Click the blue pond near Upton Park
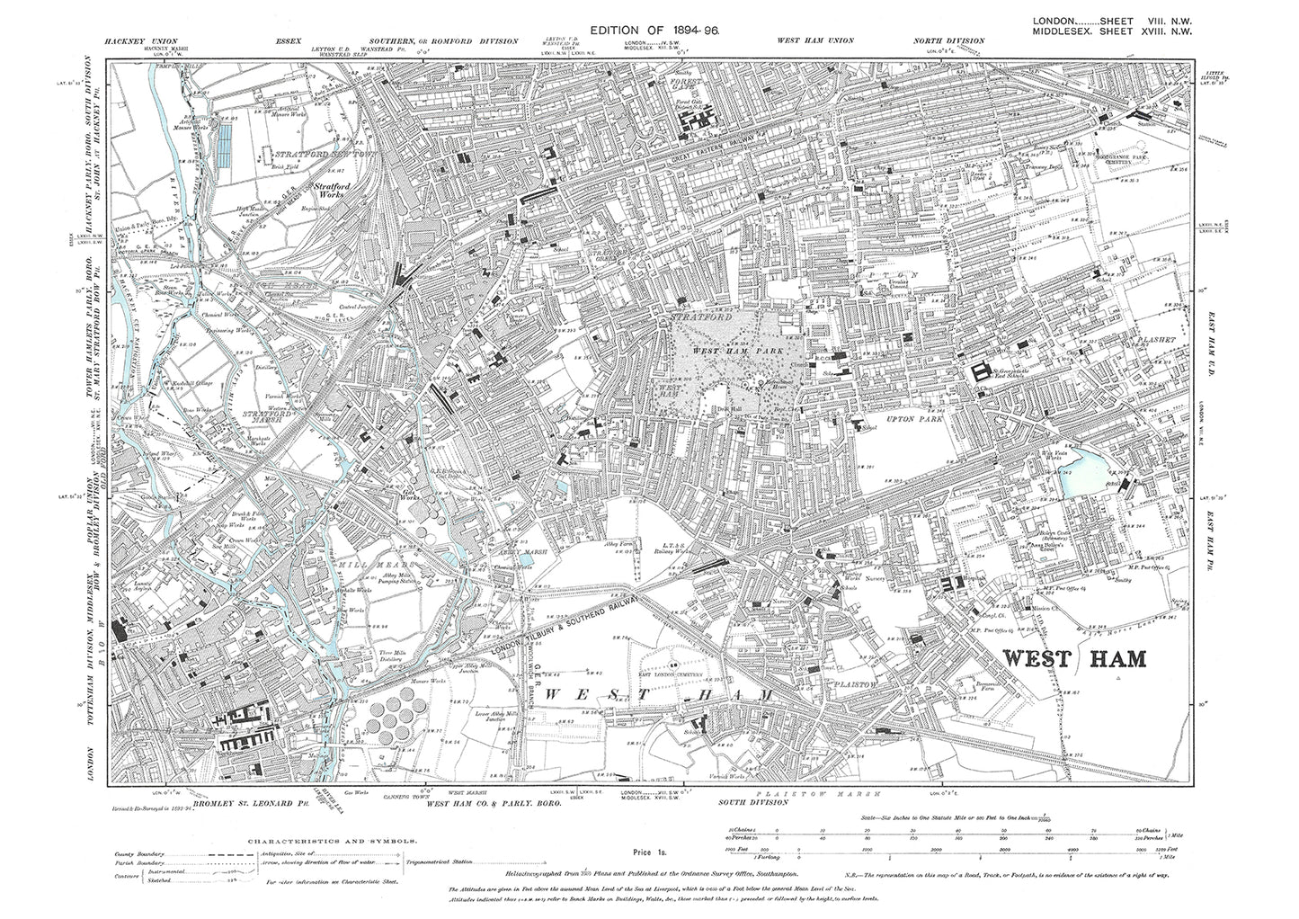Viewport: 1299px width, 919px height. [x=1077, y=475]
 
